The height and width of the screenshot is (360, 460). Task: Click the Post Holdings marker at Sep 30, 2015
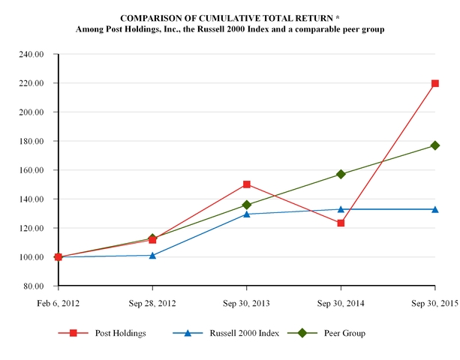(435, 83)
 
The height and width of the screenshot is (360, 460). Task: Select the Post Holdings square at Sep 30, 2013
(247, 184)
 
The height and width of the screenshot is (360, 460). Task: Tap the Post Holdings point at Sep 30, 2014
(341, 223)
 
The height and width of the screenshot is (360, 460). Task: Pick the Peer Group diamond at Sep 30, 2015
(435, 145)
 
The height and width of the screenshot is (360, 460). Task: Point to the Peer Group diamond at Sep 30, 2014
(341, 175)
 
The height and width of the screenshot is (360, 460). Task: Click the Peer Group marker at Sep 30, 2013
(247, 205)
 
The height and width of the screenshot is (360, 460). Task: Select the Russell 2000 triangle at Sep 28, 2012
(152, 255)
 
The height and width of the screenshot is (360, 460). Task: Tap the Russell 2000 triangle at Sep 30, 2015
(435, 209)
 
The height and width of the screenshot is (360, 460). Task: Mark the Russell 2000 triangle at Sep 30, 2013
(247, 214)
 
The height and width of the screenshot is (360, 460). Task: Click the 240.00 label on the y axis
(32, 54)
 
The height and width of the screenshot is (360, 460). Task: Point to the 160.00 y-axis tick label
(32, 170)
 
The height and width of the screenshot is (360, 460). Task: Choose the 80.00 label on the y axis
(34, 286)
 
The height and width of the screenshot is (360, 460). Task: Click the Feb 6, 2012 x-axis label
(58, 303)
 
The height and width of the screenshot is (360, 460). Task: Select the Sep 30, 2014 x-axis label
(341, 303)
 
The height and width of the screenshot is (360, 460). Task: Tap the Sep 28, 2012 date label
(152, 303)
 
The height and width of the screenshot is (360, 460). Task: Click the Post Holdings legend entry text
(121, 333)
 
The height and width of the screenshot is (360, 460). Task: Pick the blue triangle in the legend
(188, 333)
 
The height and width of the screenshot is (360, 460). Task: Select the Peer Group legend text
(344, 333)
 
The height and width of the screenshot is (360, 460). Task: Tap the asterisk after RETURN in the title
(338, 17)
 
